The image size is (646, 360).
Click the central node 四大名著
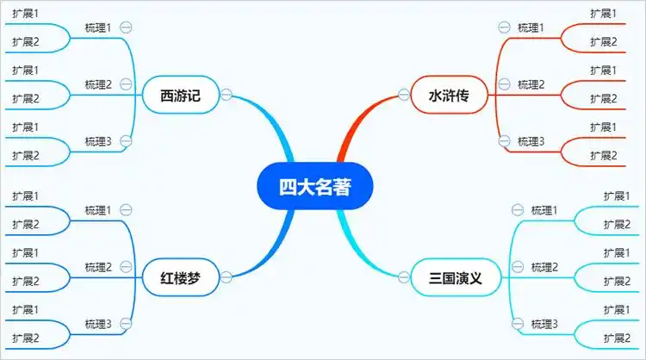pos(314,187)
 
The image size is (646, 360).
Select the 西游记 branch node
pos(180,96)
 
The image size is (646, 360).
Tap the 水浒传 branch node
pos(449,96)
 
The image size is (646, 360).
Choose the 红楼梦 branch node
pos(180,277)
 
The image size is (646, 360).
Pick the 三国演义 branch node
pos(454,277)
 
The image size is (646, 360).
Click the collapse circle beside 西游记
pos(227,95)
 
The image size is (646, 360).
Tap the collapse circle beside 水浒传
pos(403,95)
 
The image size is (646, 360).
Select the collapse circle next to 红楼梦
pos(227,276)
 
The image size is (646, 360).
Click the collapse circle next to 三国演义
pos(403,276)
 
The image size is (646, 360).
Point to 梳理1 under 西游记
pos(98,28)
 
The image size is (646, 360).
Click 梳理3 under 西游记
pos(98,140)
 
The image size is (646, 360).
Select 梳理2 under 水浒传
pos(531,84)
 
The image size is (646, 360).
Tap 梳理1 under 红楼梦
pos(98,209)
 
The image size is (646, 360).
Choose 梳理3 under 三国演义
pos(544,323)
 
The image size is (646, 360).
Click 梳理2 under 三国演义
pos(544,266)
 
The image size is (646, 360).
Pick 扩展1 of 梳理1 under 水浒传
pos(603,14)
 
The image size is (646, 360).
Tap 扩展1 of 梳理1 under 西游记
pos(26,14)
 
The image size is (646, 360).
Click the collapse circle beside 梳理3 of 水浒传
pos(504,140)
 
